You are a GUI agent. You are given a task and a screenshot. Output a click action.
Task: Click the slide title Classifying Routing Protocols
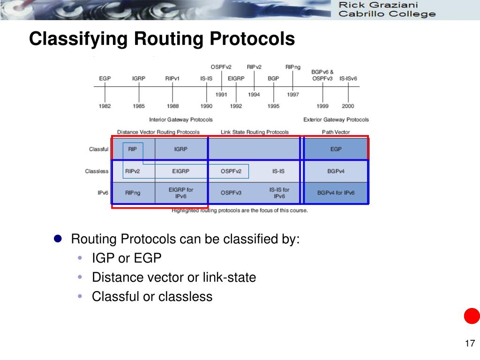tap(162, 39)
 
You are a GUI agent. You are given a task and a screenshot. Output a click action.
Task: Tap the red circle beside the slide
tap(472, 316)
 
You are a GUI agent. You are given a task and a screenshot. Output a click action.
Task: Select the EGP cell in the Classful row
tap(336, 149)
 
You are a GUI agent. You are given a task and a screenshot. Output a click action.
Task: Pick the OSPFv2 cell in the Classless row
tap(231, 171)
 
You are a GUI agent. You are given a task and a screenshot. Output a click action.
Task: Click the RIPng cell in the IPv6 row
tap(133, 193)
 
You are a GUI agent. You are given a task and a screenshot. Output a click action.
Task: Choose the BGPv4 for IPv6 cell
tap(336, 193)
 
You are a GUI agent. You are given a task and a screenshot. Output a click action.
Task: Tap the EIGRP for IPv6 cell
tap(180, 193)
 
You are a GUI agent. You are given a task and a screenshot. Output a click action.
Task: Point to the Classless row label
tap(97, 171)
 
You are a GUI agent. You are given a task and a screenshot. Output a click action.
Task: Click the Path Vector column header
tap(336, 132)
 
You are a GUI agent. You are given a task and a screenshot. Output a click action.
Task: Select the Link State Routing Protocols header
tap(255, 132)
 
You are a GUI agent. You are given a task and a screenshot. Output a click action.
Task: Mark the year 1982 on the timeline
tap(105, 106)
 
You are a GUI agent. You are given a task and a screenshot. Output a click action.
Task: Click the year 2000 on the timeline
tap(348, 106)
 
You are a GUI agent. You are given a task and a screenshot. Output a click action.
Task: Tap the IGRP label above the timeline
tap(138, 78)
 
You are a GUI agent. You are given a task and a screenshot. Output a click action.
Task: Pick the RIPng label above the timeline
tap(293, 67)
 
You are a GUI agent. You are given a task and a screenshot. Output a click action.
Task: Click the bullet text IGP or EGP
tap(127, 258)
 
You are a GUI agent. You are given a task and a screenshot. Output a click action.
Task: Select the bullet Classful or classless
tap(152, 297)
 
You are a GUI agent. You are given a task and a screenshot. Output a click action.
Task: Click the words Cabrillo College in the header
tap(387, 14)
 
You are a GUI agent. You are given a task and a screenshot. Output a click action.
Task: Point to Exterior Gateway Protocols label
tap(336, 120)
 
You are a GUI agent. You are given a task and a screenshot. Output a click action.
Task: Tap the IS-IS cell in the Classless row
tap(278, 171)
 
